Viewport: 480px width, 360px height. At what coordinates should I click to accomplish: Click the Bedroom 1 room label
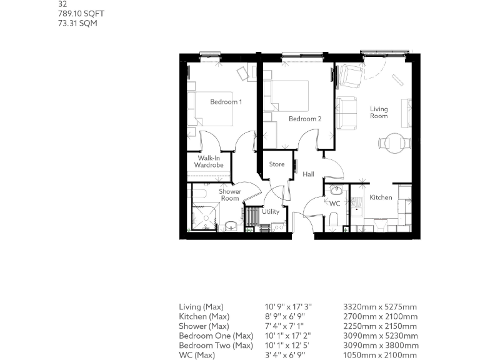click(226, 102)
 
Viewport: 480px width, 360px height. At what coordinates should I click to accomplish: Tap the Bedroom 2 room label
click(305, 119)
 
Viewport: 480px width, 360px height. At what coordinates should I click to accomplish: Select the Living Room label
click(379, 112)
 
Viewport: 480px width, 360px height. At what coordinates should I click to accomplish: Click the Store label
click(277, 164)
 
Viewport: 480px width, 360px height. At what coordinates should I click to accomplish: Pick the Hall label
click(308, 174)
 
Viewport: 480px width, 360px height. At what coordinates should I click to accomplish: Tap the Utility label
click(271, 212)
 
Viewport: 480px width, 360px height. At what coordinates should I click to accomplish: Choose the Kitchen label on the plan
click(381, 197)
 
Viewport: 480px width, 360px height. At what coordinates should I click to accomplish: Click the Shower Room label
click(229, 195)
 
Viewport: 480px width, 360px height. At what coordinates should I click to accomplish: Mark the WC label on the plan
click(335, 204)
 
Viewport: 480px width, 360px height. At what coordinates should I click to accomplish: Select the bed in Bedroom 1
click(214, 107)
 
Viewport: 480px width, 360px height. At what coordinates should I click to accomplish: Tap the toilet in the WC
click(334, 219)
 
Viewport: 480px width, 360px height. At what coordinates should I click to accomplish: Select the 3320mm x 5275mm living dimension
click(380, 307)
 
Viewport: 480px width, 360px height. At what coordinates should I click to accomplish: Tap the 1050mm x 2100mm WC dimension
click(380, 355)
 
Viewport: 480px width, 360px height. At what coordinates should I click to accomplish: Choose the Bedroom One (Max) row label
click(216, 336)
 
